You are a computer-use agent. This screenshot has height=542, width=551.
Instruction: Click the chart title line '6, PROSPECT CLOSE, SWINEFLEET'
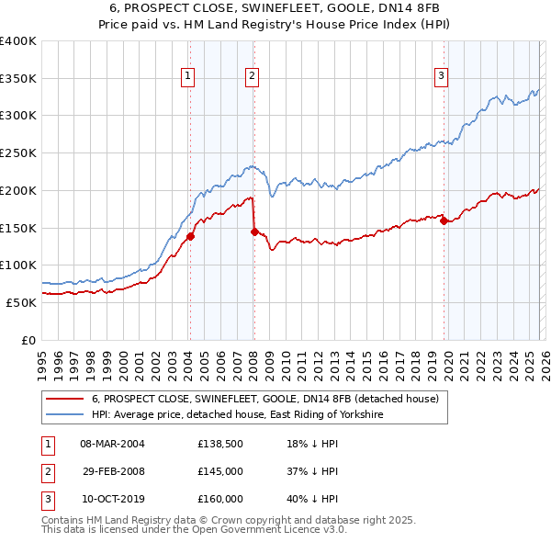(275, 8)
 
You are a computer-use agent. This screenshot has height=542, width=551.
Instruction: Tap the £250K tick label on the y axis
(18, 152)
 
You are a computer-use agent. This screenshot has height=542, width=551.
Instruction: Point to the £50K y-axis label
(21, 302)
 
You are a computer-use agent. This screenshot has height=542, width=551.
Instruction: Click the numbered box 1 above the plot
(187, 77)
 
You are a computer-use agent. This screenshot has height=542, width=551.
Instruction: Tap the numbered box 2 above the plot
(252, 77)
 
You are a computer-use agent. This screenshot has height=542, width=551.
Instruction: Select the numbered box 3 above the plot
(442, 77)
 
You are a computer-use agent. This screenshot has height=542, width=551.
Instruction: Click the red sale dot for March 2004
(190, 236)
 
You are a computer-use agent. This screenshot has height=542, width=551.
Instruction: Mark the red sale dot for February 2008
(254, 231)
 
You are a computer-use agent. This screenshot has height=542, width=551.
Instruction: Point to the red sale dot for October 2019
(443, 220)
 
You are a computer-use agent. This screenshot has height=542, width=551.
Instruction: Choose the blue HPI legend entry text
(237, 415)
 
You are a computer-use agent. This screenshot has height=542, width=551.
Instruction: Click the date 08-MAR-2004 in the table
(113, 444)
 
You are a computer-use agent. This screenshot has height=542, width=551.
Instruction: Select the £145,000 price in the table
(220, 471)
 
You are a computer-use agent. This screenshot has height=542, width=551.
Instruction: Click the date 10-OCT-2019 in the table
(113, 499)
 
